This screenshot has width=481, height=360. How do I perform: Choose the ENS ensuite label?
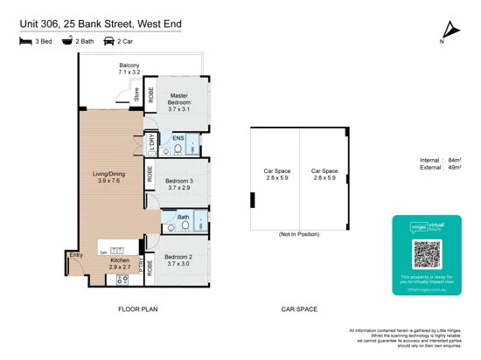point(178,139)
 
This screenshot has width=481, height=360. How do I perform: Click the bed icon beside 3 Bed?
point(23,40)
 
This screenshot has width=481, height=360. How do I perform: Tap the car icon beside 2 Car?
point(109,40)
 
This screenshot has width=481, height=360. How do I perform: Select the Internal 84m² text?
point(441,162)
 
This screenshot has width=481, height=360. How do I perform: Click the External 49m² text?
point(441,170)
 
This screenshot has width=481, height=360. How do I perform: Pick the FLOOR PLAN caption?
point(138,309)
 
